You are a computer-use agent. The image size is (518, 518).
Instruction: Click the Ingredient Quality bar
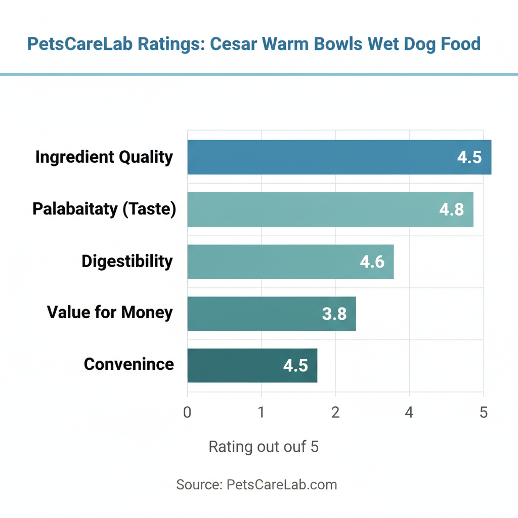pos(339,157)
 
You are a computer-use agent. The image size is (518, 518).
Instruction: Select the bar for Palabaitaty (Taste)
pos(330,209)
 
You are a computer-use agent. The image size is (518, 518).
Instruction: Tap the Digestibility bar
pos(290,262)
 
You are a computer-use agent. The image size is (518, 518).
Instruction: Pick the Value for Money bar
pos(272,314)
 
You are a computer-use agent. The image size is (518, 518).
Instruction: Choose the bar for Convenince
pos(252,365)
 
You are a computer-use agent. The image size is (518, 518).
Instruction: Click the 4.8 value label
pos(451,209)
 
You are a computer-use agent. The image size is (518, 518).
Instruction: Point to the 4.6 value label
pos(372,262)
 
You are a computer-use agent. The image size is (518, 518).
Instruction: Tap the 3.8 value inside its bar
pos(334,314)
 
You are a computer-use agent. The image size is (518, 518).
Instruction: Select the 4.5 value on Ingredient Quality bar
pos(469,157)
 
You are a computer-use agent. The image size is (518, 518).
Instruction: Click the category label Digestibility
pos(127,262)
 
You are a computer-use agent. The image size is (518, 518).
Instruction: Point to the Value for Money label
pos(110,313)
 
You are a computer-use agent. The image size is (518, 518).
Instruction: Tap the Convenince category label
pos(128,364)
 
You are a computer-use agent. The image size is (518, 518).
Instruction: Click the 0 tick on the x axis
pos(188,412)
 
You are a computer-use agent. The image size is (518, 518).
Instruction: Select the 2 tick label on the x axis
pos(335,412)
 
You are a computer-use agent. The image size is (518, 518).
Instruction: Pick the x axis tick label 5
pos(484,412)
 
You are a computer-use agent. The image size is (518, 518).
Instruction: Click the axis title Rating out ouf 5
pos(264,447)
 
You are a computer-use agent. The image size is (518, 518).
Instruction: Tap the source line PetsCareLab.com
pos(256,485)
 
